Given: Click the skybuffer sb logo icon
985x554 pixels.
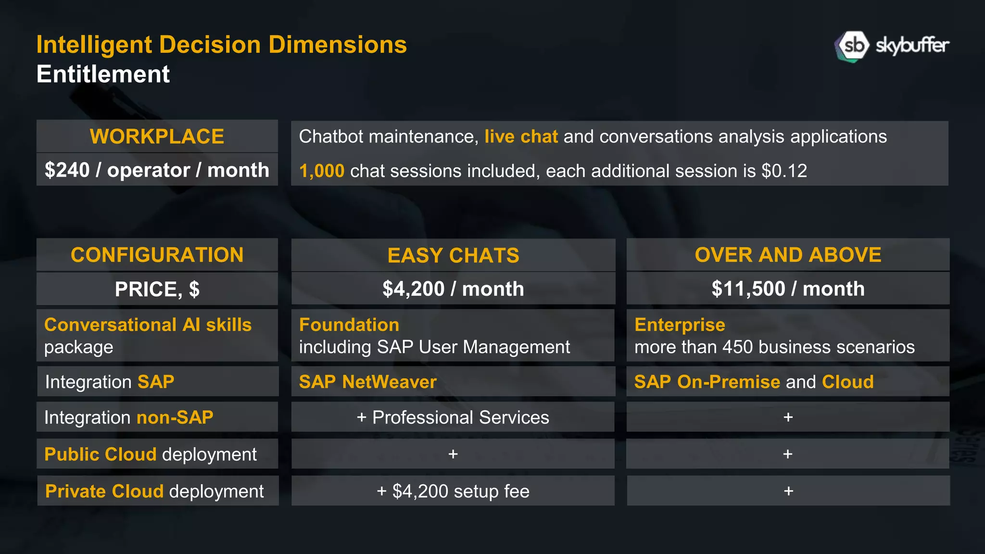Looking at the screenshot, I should [x=853, y=47].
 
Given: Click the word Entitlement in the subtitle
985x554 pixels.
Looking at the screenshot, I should [x=103, y=75].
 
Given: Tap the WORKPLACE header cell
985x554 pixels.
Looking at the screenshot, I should [x=157, y=137].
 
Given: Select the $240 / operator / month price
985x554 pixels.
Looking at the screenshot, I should [x=157, y=170].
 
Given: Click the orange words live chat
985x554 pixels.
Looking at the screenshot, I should [x=521, y=137].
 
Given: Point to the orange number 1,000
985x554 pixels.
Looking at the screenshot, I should [x=322, y=171].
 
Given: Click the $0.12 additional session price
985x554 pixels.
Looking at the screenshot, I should [x=784, y=171].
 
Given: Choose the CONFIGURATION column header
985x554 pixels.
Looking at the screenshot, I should [x=157, y=255].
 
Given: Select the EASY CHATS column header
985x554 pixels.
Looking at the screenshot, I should [x=453, y=255].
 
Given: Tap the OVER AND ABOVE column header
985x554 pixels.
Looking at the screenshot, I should [x=788, y=255].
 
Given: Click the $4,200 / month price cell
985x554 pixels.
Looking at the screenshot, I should [x=453, y=289].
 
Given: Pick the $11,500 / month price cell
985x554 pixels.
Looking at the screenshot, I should [x=788, y=289].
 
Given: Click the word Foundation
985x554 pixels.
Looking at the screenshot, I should [x=349, y=325].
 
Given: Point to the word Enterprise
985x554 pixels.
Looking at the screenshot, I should [x=680, y=325].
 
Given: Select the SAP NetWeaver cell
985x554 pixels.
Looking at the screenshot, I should [x=368, y=382].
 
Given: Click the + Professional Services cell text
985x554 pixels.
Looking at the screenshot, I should [x=453, y=417].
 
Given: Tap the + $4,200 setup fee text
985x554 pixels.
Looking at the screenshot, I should [x=453, y=491].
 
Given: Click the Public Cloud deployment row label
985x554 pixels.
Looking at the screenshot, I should [x=151, y=454].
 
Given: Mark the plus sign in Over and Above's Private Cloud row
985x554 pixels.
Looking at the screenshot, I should [x=788, y=491].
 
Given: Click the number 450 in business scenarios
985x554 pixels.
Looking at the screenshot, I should [x=737, y=347].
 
